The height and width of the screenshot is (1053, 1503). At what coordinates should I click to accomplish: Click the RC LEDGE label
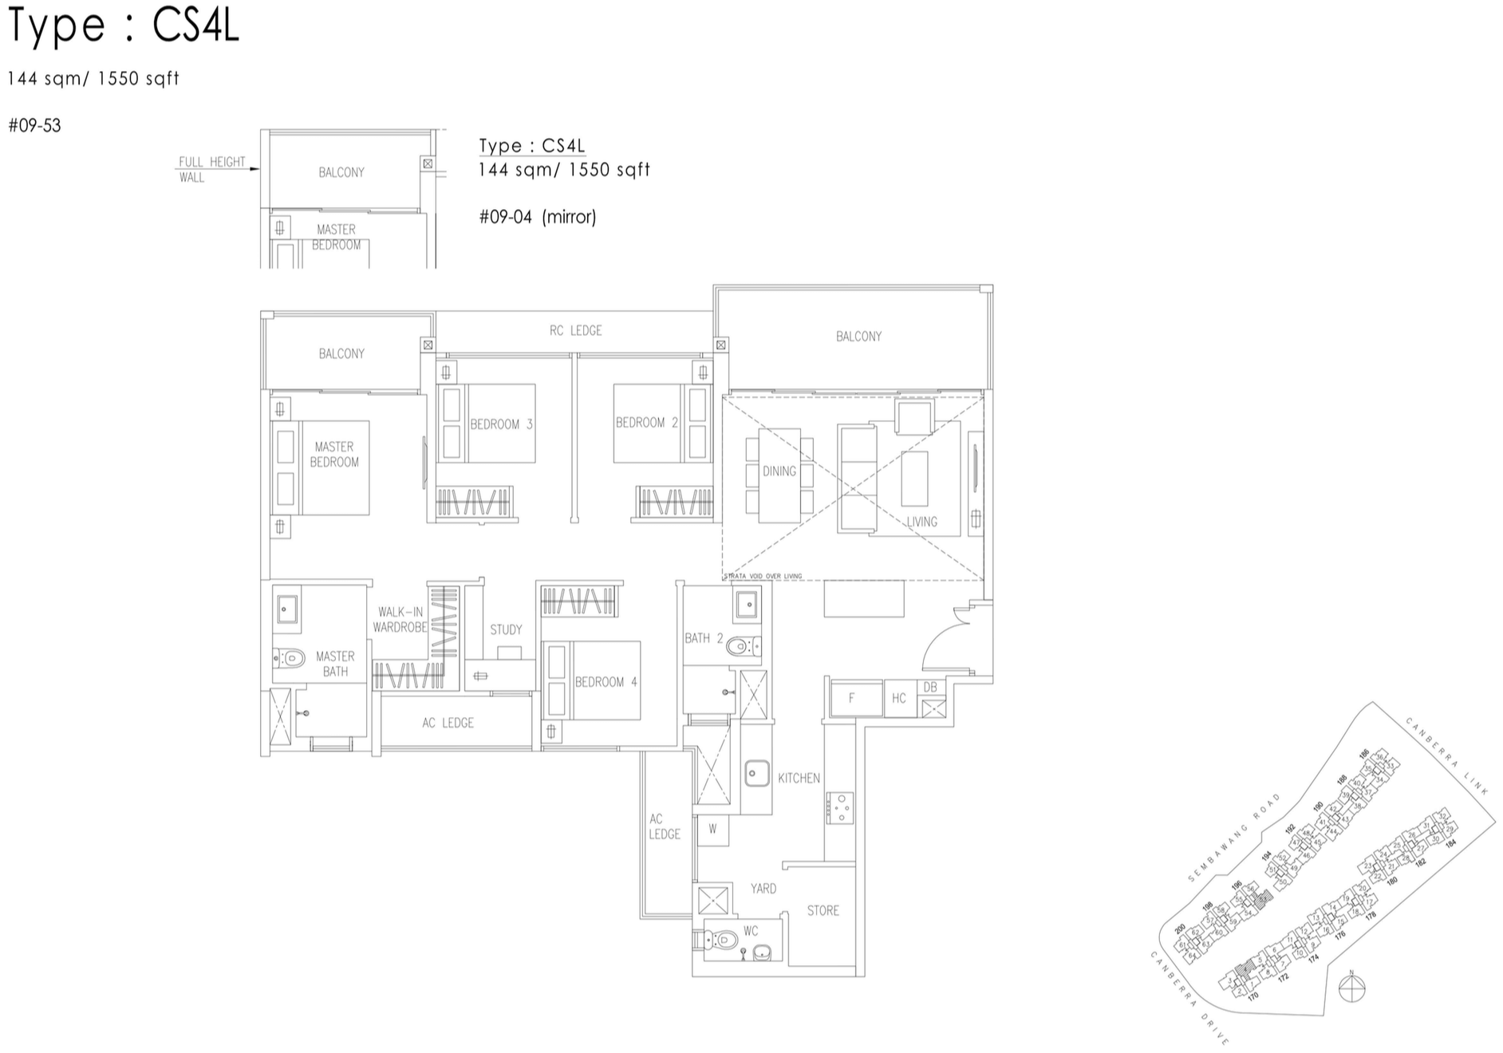[575, 330]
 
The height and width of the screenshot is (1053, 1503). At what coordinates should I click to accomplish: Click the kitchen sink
[756, 773]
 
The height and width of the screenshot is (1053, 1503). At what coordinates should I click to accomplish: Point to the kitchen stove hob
[840, 807]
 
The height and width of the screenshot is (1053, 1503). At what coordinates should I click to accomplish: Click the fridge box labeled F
[852, 698]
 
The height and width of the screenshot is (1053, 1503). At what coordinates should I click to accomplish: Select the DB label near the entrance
[930, 687]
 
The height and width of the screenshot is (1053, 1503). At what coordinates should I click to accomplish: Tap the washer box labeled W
[712, 829]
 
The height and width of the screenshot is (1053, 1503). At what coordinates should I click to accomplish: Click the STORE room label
[823, 910]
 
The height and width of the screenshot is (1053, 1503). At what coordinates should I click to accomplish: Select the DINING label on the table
[779, 471]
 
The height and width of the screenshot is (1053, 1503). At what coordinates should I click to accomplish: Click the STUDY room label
[506, 629]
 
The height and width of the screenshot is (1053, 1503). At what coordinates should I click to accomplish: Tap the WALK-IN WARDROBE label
[400, 620]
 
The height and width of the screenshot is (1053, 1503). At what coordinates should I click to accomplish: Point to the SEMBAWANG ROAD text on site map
[1233, 838]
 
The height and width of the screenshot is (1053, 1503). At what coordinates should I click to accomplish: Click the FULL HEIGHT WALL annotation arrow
[254, 169]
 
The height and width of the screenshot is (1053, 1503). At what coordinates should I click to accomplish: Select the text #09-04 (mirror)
[537, 217]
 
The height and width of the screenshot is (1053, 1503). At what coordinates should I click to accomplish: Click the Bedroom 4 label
[606, 682]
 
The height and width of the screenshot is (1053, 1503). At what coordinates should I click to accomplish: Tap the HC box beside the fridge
[899, 698]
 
